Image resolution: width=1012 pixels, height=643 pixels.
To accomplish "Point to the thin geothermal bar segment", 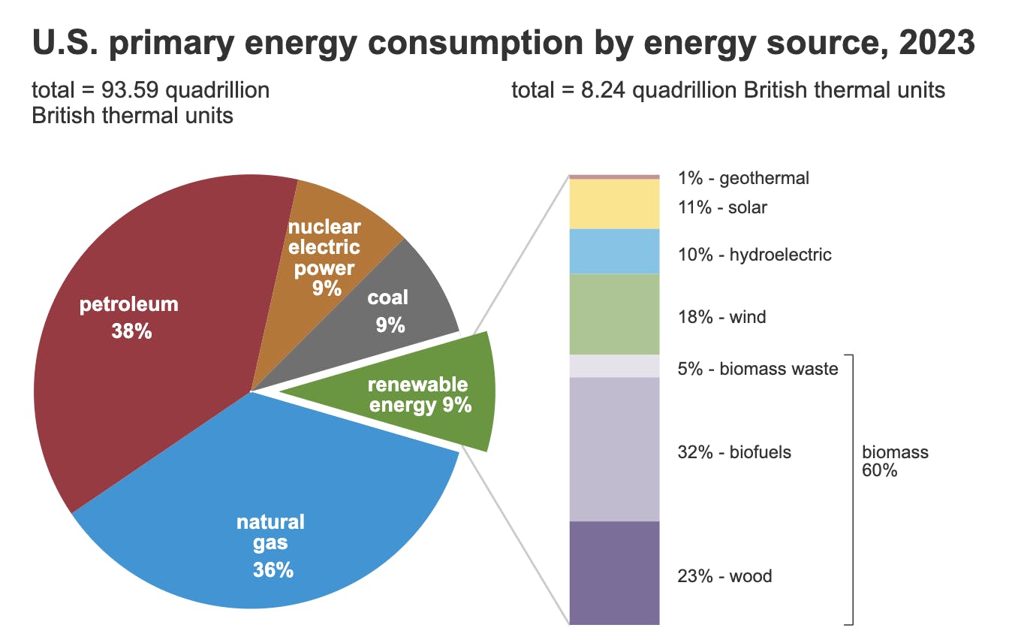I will pos(614,177).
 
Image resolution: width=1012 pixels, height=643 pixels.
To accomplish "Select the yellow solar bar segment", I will pos(614,204).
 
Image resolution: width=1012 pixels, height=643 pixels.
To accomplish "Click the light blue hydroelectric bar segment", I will pos(614,252).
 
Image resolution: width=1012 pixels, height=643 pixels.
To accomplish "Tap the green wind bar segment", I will pos(614,314).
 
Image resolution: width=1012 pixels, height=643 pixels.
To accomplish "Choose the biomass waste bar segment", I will pos(614,366).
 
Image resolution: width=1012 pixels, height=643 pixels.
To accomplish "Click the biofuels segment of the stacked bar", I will pos(614,449).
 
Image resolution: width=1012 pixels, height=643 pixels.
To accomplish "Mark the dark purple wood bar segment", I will pos(614,572).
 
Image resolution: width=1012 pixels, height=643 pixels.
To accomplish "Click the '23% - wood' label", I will pos(724,576).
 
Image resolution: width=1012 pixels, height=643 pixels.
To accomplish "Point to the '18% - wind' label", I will pos(721,317).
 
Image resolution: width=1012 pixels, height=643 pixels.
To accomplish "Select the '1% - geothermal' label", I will pos(742,178).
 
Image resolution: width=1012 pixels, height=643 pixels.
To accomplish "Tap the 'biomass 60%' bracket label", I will pos(894,462).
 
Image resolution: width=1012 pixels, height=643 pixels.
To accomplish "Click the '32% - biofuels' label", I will pos(734,452).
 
